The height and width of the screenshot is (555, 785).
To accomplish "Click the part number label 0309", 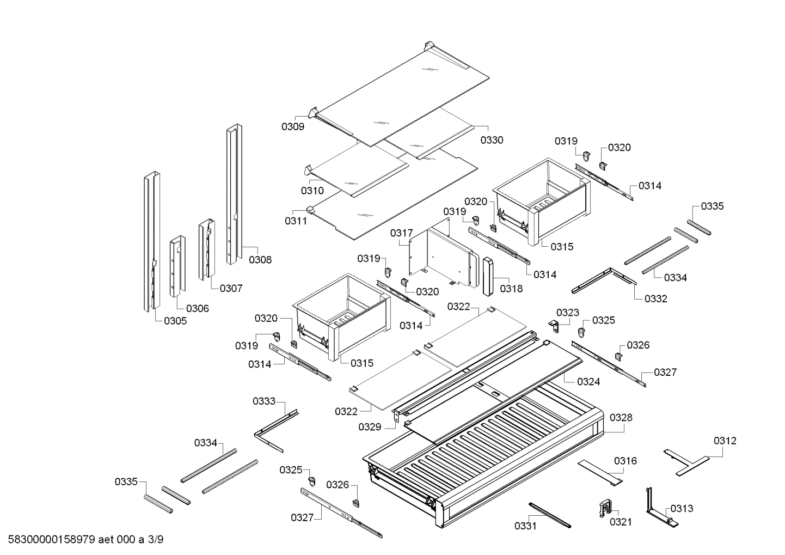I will coord(292,127).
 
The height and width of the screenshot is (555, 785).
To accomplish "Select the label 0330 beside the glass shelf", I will coord(492,140).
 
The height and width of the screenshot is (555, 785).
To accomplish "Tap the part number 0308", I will coord(260,260).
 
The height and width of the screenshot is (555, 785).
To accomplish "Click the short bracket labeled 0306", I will coord(177,267).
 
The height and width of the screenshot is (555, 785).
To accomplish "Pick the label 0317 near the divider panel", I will coord(401,233).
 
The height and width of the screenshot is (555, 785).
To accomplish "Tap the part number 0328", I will coord(621,418).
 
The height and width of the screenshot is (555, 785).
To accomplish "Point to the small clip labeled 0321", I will coord(605,508).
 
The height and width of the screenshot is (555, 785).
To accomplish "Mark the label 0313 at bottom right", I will coord(682,508).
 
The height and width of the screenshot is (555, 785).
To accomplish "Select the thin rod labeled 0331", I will coord(549,514).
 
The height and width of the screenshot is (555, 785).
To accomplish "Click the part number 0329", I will coord(370,427).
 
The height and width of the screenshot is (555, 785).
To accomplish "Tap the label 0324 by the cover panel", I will coord(588,382).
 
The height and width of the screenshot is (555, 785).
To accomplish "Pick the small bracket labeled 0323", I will coord(554,325).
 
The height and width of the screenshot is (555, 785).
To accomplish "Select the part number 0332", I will coord(655,298).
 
